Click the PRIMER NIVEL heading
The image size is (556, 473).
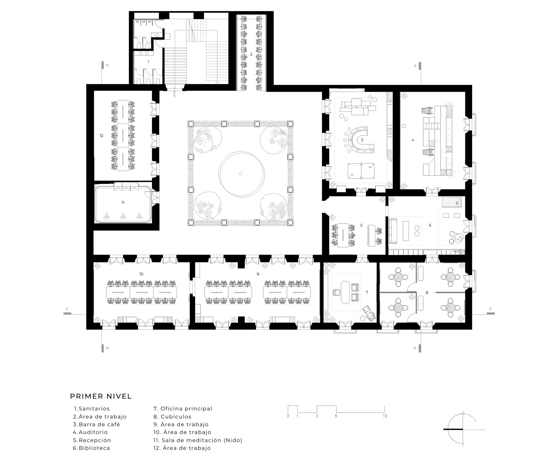101,396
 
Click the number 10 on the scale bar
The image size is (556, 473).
384,416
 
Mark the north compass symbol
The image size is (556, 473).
463,429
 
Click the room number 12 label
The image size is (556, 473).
101,136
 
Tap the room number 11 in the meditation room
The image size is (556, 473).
123,203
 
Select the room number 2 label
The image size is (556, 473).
251,54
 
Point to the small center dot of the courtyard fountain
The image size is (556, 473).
240,174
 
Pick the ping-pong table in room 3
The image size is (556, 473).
361,171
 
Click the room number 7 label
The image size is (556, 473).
367,292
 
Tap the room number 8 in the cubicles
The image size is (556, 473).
427,292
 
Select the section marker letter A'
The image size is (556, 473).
107,348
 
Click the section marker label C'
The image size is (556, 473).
491,309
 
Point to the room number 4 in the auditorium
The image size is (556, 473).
413,140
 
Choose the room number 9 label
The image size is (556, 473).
258,274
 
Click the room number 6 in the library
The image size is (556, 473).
430,225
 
